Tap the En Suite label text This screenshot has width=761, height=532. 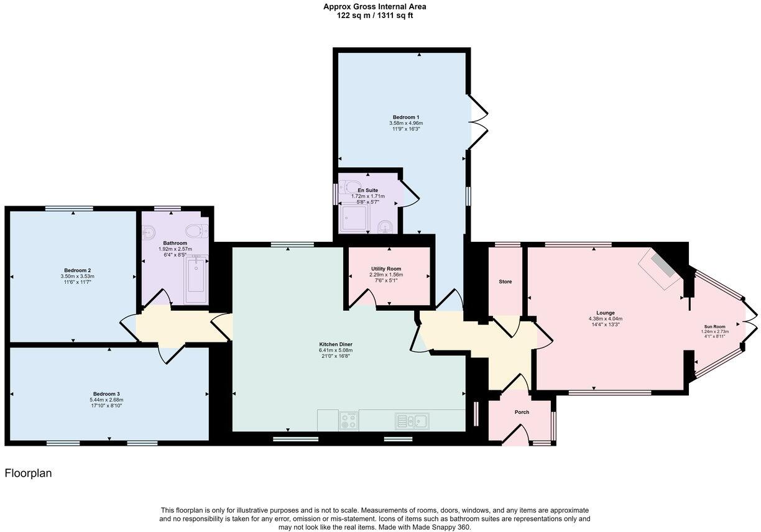(367, 190)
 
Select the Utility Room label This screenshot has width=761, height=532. (385, 268)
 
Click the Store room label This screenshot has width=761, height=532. (505, 282)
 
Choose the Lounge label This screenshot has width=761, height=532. (605, 313)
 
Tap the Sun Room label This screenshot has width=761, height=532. (714, 326)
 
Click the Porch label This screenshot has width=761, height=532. (522, 412)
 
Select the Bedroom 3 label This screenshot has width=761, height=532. (106, 393)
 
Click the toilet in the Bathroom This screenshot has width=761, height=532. (198, 231)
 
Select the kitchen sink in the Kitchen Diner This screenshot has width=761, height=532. (412, 421)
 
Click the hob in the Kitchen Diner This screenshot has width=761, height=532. (349, 421)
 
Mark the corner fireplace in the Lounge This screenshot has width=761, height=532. (660, 268)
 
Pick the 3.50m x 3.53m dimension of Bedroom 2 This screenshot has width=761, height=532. (77, 276)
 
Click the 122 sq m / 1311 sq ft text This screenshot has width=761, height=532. (374, 16)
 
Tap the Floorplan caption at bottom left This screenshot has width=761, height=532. (28, 473)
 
